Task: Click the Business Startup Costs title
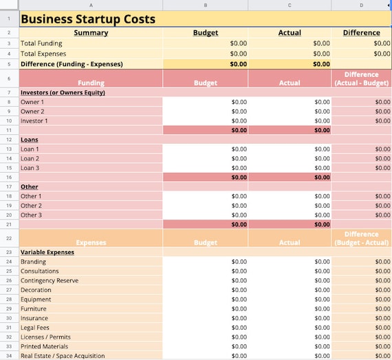[x=88, y=19]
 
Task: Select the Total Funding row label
[x=41, y=43]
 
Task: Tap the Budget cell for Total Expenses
[x=206, y=54]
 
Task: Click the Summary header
[x=91, y=32]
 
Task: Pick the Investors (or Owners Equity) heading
[x=63, y=92]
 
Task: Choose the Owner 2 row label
[x=32, y=112]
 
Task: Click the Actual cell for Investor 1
[x=290, y=121]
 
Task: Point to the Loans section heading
[x=30, y=140]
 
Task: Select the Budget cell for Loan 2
[x=206, y=158]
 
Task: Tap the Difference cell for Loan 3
[x=361, y=168]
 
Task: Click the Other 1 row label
[x=31, y=196]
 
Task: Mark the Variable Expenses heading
[x=47, y=252]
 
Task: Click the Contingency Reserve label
[x=50, y=280]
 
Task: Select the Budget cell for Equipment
[x=206, y=299]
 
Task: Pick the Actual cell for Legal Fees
[x=290, y=328]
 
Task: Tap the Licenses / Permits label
[x=45, y=337]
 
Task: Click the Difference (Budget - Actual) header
[x=362, y=238]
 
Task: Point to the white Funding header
[x=91, y=83]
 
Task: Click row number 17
[x=9, y=187]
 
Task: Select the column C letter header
[x=290, y=5]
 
